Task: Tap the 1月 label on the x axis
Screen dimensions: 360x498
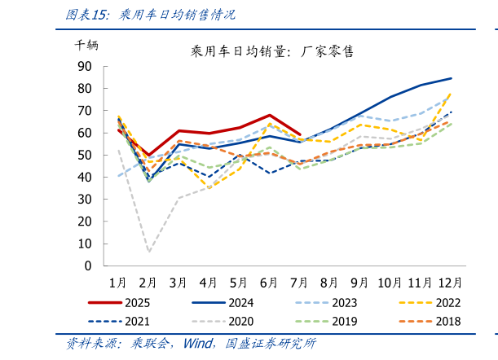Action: (x=118, y=282)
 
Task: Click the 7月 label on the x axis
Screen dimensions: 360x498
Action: (x=300, y=282)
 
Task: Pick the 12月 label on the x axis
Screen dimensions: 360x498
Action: (x=451, y=282)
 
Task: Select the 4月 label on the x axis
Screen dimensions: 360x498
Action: (x=209, y=282)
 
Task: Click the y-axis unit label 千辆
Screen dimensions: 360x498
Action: (x=86, y=46)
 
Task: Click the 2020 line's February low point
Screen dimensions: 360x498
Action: (x=149, y=252)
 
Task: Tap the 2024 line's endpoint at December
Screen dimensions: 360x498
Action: (x=452, y=78)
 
